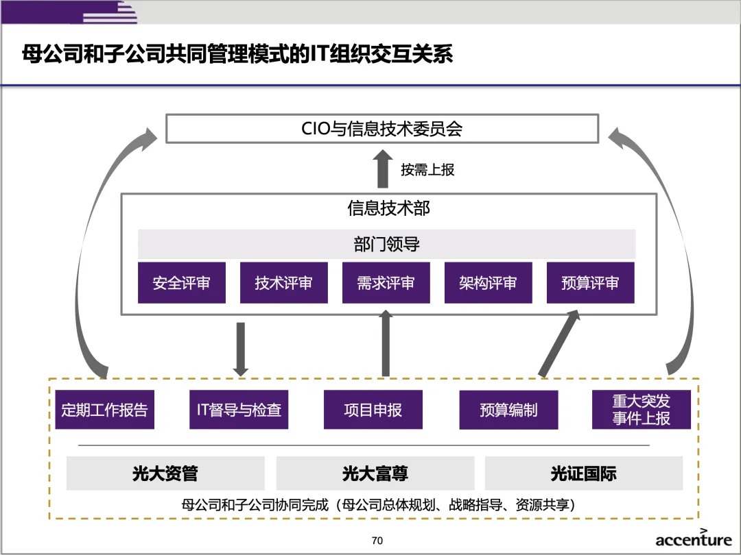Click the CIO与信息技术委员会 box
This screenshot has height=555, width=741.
[x=382, y=128]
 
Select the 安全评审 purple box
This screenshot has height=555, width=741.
[x=181, y=283]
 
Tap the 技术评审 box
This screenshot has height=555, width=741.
[x=283, y=283]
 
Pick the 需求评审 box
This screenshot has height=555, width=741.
[x=386, y=283]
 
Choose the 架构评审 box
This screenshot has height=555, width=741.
[x=488, y=283]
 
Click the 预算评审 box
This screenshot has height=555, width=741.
[x=590, y=283]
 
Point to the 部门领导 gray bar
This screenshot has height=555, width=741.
[x=386, y=244]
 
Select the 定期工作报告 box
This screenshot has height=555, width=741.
[x=104, y=410]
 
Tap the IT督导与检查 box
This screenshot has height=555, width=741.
[x=239, y=410]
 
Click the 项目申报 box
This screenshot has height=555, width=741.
[x=373, y=410]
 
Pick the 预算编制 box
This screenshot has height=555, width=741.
[x=508, y=410]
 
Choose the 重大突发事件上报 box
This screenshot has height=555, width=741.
[x=641, y=410]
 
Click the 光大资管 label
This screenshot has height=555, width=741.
[x=165, y=473]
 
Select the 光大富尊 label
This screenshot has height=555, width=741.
[x=375, y=473]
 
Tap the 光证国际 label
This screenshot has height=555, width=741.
[x=583, y=473]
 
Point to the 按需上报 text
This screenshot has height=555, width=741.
[x=427, y=169]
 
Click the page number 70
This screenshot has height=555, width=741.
[x=377, y=541]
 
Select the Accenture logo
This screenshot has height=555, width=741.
[x=693, y=539]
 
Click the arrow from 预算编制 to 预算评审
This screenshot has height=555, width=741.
[x=560, y=343]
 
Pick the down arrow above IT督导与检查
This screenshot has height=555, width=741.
[x=240, y=348]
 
